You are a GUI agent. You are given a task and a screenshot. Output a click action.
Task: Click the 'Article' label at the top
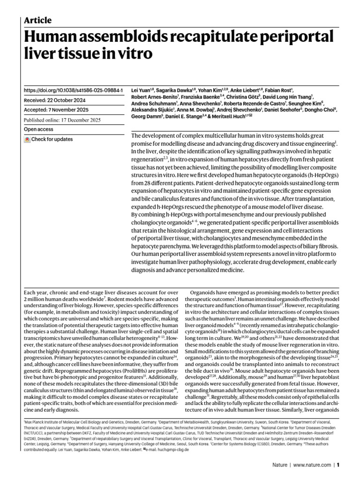[37, 20]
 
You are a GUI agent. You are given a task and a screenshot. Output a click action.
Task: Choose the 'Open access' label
[38, 129]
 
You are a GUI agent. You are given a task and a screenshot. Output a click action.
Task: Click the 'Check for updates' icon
[28, 140]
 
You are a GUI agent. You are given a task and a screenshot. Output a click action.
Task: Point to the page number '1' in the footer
[337, 465]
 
